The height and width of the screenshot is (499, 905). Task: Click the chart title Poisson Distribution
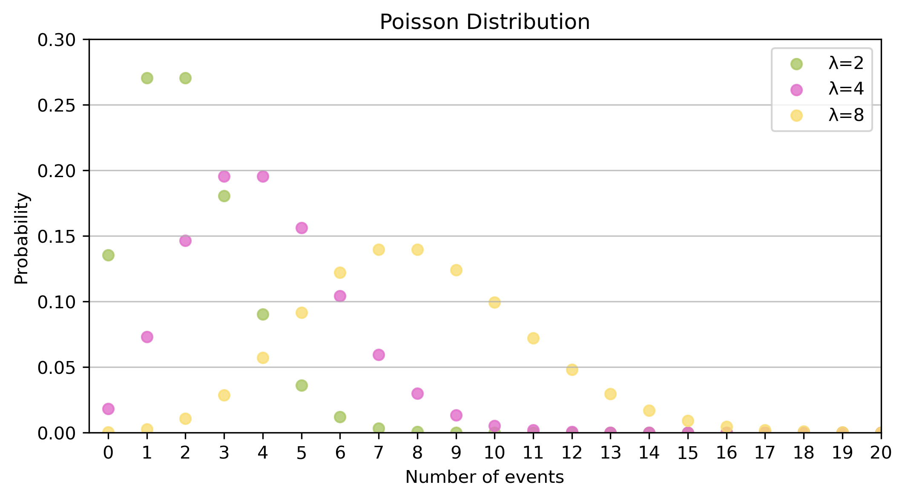tap(484, 22)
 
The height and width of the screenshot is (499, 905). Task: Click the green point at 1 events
tap(147, 78)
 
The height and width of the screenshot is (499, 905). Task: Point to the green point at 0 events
tap(108, 255)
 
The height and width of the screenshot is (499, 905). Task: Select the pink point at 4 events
tap(263, 176)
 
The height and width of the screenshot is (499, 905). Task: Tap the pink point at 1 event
tap(147, 337)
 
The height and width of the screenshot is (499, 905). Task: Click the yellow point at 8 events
tap(417, 249)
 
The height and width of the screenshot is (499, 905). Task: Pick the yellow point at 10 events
tap(494, 302)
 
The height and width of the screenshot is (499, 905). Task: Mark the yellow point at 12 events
tap(572, 370)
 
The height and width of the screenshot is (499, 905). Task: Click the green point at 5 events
tap(302, 385)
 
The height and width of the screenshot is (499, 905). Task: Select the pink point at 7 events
tap(379, 354)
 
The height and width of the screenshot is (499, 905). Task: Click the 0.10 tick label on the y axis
tap(56, 302)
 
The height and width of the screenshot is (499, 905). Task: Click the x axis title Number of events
tap(484, 477)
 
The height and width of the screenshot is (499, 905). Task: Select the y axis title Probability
tap(22, 238)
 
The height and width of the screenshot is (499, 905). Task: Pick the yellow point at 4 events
tap(263, 358)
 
